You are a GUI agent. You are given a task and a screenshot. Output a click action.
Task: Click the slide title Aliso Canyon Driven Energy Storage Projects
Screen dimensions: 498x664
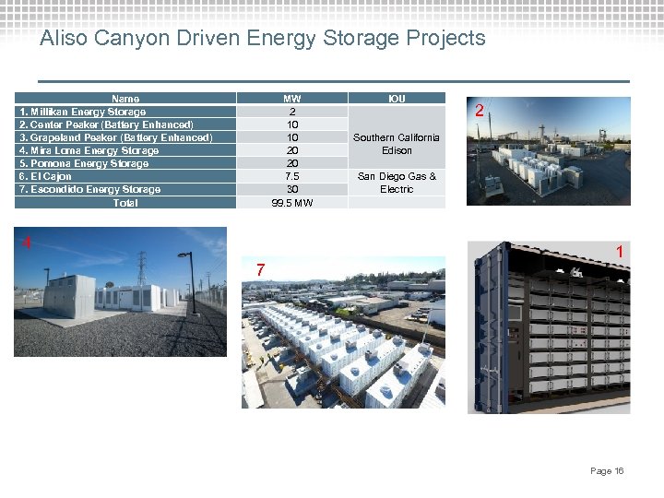tap(263, 38)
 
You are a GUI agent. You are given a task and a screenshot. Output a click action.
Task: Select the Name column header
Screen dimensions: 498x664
tap(125, 99)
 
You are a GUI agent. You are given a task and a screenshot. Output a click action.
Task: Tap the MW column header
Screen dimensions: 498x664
tap(292, 99)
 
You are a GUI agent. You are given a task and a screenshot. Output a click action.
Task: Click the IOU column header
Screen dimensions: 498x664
tap(397, 99)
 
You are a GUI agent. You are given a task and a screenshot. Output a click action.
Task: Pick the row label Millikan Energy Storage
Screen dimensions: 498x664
tap(83, 112)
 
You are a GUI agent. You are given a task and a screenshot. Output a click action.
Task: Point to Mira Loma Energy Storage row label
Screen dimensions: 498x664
tap(89, 150)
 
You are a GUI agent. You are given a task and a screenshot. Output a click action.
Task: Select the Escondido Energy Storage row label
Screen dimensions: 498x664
tap(90, 189)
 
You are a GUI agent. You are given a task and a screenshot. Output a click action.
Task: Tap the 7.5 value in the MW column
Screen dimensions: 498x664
tap(292, 176)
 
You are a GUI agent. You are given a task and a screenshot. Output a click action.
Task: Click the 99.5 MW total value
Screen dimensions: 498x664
tap(292, 203)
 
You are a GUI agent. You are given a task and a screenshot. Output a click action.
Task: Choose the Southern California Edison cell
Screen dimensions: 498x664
tap(397, 144)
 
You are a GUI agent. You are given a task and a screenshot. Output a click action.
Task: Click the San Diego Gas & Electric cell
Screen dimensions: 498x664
tap(397, 183)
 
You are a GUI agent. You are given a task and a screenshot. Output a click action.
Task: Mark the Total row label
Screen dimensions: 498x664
tap(125, 203)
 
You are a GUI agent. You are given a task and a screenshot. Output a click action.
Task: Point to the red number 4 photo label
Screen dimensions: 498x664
tap(28, 243)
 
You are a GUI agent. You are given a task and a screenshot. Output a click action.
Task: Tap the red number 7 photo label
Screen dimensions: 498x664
tap(262, 270)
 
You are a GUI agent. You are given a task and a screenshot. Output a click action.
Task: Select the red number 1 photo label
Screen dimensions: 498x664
tap(621, 252)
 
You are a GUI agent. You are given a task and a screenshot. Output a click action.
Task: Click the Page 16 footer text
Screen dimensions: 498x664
tap(607, 471)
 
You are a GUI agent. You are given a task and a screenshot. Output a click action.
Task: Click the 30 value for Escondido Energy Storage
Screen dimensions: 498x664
tap(292, 189)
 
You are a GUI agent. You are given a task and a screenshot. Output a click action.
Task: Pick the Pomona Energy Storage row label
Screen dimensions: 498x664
tap(84, 163)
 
